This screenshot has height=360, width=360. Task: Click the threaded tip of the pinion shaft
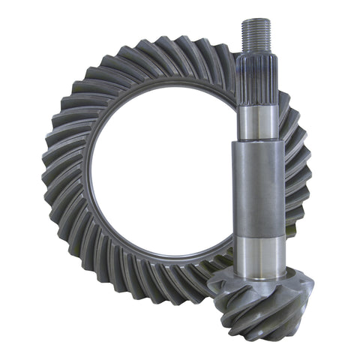coord(257,34)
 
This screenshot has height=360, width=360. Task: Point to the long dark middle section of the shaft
coord(259,187)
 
